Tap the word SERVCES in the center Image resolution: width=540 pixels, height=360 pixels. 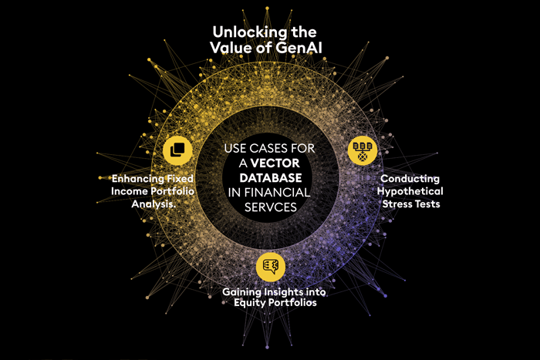click(x=270, y=207)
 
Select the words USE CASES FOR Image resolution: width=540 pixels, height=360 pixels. click(x=269, y=148)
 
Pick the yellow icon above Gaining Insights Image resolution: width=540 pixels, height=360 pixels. click(x=270, y=266)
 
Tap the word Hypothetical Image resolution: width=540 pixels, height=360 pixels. click(x=410, y=191)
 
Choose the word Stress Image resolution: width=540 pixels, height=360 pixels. click(x=396, y=205)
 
